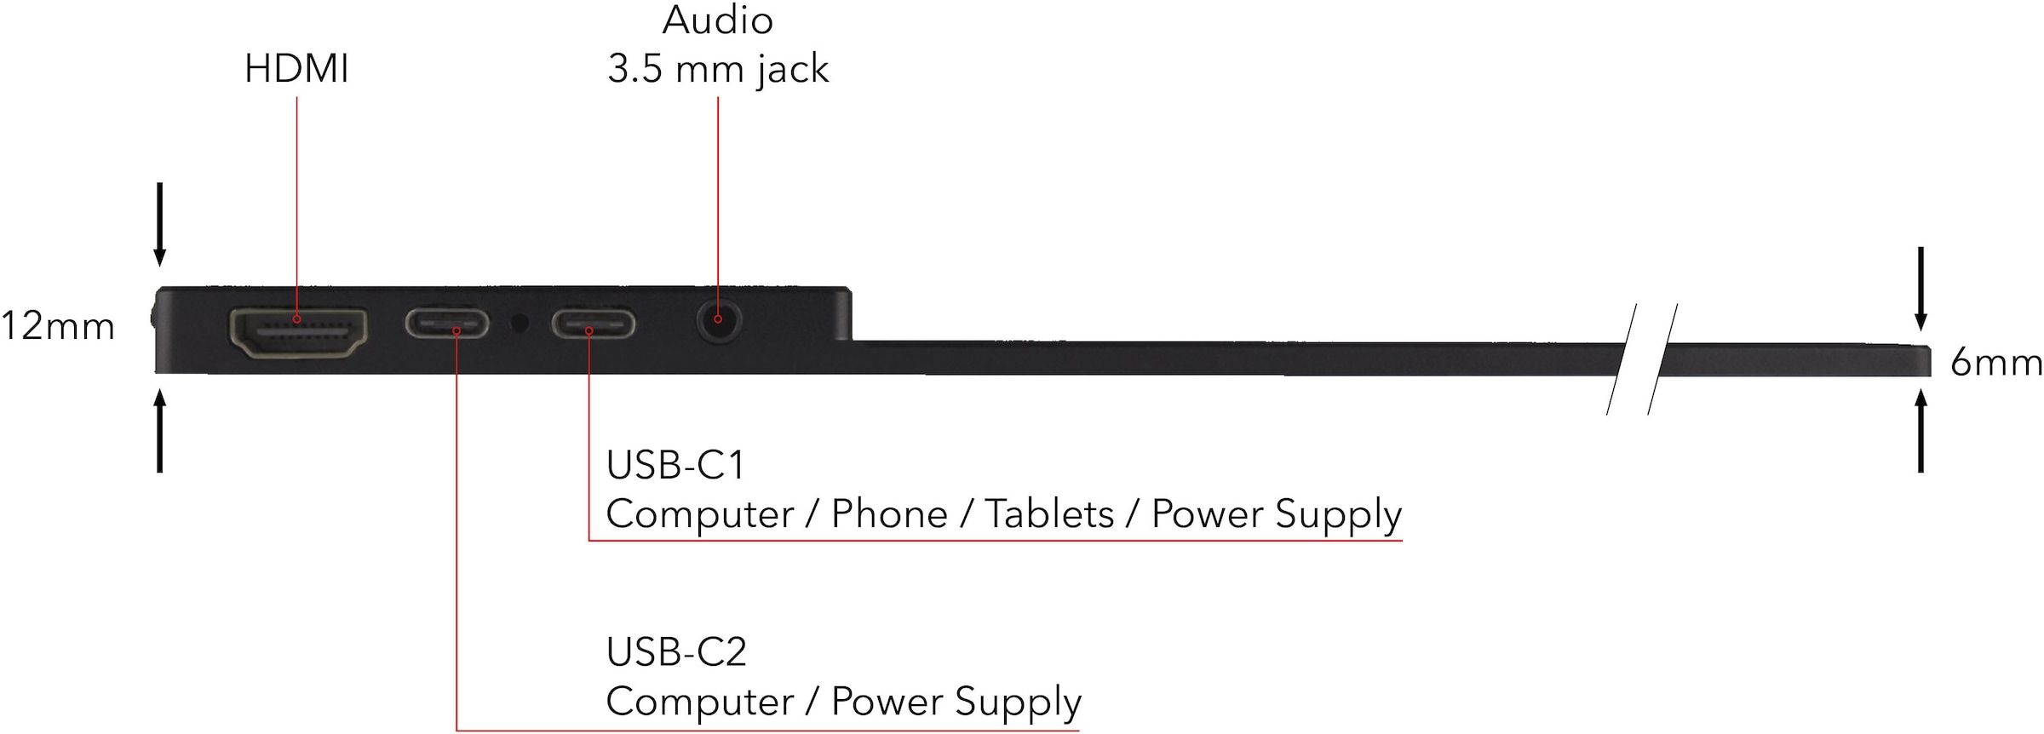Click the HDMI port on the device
tap(298, 333)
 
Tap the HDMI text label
tap(296, 69)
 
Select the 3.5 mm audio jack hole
tap(718, 321)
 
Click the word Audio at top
tap(717, 20)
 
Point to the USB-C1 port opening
tap(593, 324)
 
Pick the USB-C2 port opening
tap(447, 324)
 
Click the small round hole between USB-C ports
tap(519, 323)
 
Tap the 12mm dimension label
tap(57, 327)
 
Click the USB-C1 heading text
tap(675, 466)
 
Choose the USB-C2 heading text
tap(676, 653)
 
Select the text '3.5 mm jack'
tap(717, 70)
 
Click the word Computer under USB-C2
tap(699, 702)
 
